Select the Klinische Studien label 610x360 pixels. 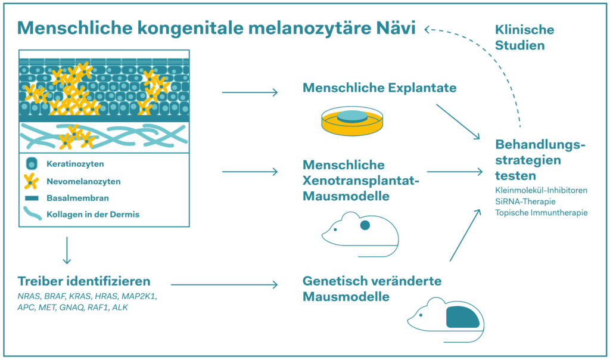pyautogui.click(x=524, y=37)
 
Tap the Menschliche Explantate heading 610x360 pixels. pyautogui.click(x=379, y=88)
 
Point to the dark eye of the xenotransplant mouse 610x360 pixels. pyautogui.click(x=365, y=225)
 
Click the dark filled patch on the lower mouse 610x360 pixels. pyautogui.click(x=462, y=316)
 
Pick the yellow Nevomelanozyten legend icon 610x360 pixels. pyautogui.click(x=30, y=181)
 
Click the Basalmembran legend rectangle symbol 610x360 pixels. pyautogui.click(x=32, y=198)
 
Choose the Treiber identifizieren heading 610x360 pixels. pyautogui.click(x=83, y=281)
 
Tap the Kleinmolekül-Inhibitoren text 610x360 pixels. pyautogui.click(x=541, y=190)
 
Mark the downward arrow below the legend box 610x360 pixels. pyautogui.click(x=67, y=250)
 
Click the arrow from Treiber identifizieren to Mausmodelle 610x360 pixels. pyautogui.click(x=223, y=284)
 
